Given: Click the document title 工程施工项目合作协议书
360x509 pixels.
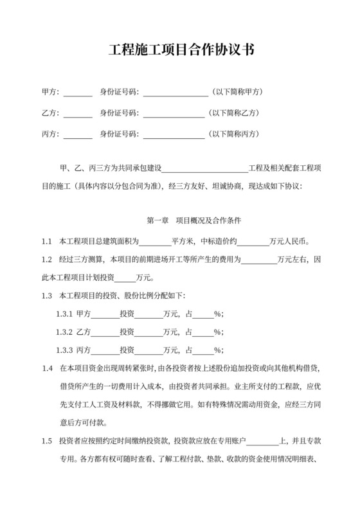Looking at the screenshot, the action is [x=180, y=51].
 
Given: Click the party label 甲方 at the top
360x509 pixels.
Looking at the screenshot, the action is [x=50, y=92].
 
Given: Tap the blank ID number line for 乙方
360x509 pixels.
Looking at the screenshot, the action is [x=173, y=114].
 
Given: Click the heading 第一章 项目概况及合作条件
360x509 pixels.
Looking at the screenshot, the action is [x=194, y=221].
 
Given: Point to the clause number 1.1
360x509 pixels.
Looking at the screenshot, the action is [x=46, y=242].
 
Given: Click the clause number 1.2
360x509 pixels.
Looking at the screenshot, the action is [x=46, y=260].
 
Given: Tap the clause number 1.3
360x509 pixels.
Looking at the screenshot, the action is [x=46, y=296].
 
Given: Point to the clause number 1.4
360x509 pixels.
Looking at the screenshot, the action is [x=46, y=369].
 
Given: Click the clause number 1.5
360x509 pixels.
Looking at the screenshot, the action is [x=46, y=441].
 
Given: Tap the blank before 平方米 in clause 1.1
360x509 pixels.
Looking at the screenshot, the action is [x=155, y=243].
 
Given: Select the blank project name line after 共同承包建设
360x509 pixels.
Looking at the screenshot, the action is [x=204, y=169].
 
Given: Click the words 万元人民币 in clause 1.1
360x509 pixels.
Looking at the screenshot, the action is [x=289, y=242].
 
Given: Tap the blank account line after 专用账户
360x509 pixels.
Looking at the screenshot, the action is [x=262, y=442].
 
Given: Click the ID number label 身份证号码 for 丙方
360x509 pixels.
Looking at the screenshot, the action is [x=119, y=135].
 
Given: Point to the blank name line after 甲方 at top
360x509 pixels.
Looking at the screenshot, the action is [x=78, y=93].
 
